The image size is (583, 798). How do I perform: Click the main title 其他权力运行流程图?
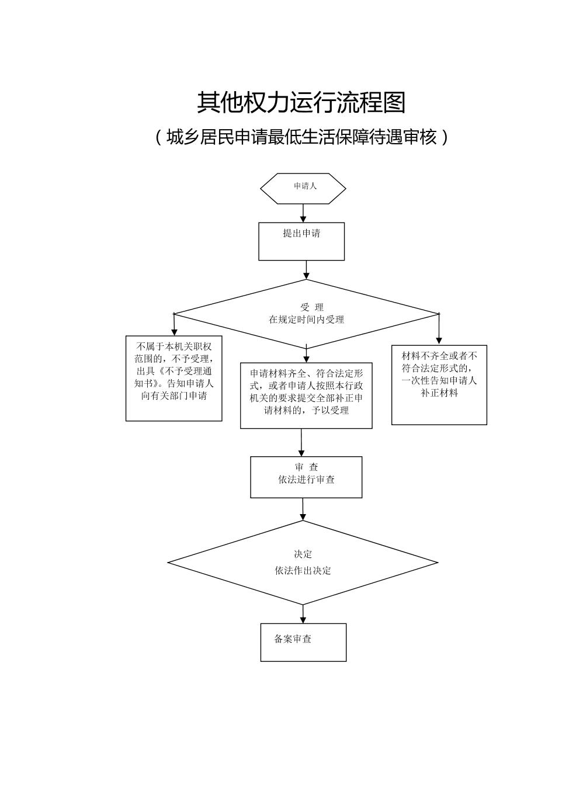[301, 103]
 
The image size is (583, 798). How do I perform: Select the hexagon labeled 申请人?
[303, 188]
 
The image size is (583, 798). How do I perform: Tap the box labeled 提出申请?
[301, 241]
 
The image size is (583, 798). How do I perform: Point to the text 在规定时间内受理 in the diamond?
[306, 320]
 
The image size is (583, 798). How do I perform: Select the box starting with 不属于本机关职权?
[173, 378]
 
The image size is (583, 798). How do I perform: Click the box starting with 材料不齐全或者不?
[439, 384]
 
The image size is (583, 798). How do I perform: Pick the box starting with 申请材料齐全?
[306, 395]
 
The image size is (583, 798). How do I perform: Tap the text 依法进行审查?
[306, 480]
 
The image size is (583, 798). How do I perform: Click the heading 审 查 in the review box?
[306, 467]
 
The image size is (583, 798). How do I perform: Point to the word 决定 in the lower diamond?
[303, 554]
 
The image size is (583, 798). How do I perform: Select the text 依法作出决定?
[303, 571]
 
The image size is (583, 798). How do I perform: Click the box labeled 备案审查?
[303, 642]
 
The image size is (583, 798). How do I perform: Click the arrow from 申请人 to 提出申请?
[303, 213]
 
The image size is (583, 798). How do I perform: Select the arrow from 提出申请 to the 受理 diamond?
[306, 270]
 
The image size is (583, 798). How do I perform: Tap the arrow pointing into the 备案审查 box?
[303, 614]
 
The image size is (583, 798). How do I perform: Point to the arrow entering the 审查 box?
[301, 443]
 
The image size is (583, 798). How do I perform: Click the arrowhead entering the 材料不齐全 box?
[439, 340]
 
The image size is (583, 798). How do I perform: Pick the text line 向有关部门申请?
[173, 396]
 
